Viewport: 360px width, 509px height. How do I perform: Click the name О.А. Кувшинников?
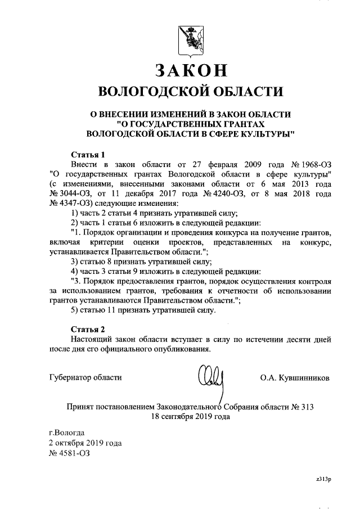pyautogui.click(x=295, y=377)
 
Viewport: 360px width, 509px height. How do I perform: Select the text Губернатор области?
pyautogui.click(x=85, y=377)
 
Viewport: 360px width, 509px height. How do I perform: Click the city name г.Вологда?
pyautogui.click(x=67, y=433)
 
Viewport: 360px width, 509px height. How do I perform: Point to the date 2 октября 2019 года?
pyautogui.click(x=85, y=443)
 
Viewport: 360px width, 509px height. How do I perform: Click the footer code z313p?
pyautogui.click(x=324, y=480)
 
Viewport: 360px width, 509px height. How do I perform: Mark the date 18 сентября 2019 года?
pyautogui.click(x=190, y=417)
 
